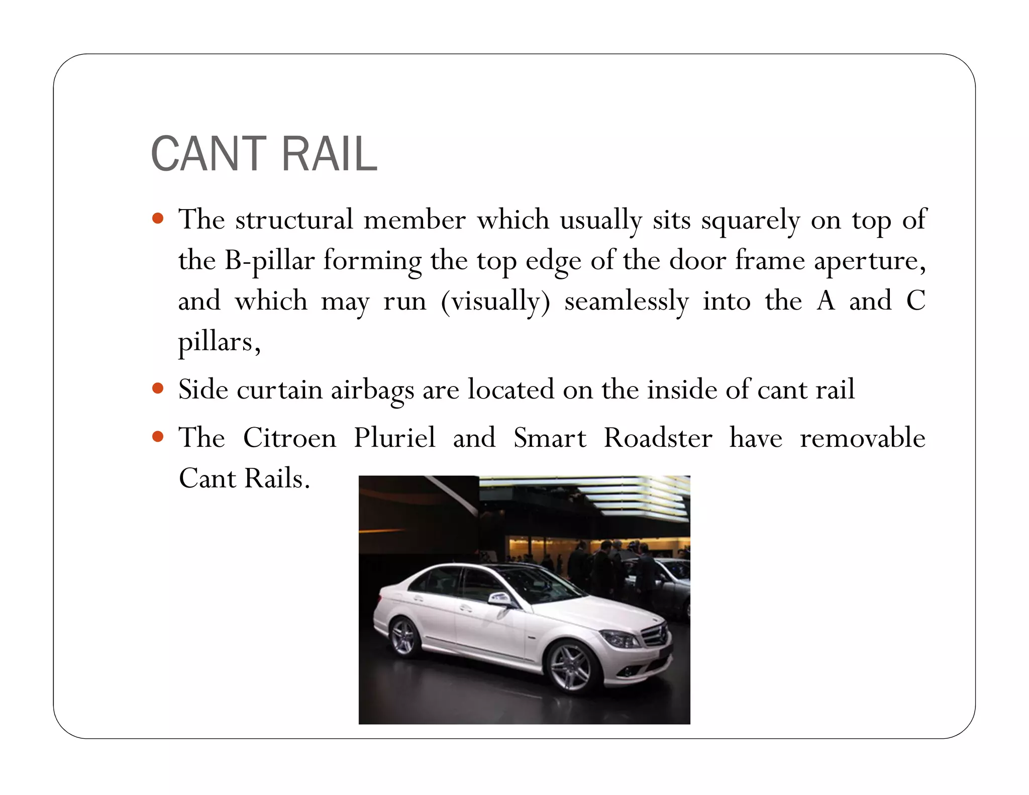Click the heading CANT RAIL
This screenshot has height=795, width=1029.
[x=264, y=154]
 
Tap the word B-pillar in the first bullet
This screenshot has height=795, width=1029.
[x=269, y=261]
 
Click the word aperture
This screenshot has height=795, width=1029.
[x=869, y=261]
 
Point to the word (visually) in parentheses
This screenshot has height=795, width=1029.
[x=495, y=302]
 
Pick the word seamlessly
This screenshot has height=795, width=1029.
[x=626, y=302]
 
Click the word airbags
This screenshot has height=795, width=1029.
[x=372, y=390]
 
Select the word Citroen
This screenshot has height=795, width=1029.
[x=289, y=438]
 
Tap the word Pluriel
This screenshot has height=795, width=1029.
[x=394, y=438]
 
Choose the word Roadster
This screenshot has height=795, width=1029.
[x=658, y=438]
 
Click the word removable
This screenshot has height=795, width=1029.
[x=862, y=438]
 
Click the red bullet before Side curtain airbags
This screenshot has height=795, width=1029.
[x=158, y=388]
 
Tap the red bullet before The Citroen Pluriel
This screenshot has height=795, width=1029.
[x=158, y=436]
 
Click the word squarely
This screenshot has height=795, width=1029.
[x=750, y=220]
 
